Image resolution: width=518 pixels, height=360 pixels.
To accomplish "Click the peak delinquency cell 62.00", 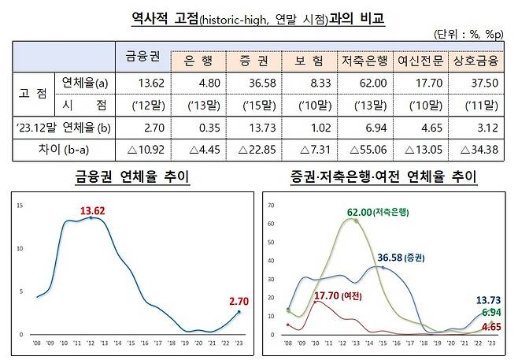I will (x=364, y=82).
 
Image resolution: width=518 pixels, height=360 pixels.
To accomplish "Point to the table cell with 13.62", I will (x=142, y=82).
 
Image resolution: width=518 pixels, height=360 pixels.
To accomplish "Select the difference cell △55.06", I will (x=364, y=148).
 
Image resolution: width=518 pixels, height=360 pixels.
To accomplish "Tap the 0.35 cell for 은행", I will (x=198, y=126).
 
